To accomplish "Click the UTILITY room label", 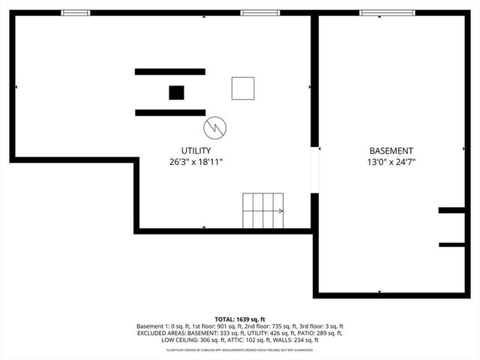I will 196,150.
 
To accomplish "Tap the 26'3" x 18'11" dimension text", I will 196,161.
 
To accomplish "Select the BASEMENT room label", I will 390,150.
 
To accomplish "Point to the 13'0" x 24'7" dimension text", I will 390,161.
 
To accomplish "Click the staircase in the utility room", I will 263,211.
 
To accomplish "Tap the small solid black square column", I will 176,92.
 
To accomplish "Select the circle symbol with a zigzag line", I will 215,127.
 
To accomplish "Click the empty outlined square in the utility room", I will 242,88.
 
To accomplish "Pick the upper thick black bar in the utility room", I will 170,71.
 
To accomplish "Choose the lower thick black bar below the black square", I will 170,112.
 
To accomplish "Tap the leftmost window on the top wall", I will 75,13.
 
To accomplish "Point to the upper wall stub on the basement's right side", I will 451,211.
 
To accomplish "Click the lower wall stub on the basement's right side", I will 451,244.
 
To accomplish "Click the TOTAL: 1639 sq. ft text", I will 240,319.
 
